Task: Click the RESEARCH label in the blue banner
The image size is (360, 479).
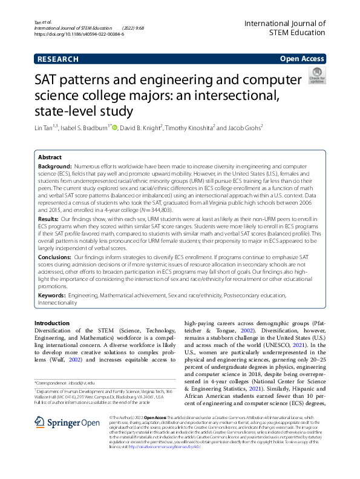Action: pos(58,59)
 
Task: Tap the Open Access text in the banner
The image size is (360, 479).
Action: pos(302,59)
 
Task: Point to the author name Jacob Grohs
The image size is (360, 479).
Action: pos(244,128)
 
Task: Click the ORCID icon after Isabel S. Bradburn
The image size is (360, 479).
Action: pos(114,127)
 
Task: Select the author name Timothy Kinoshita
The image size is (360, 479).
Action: pos(189,128)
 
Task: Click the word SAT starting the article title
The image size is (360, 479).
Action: pos(49,81)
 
